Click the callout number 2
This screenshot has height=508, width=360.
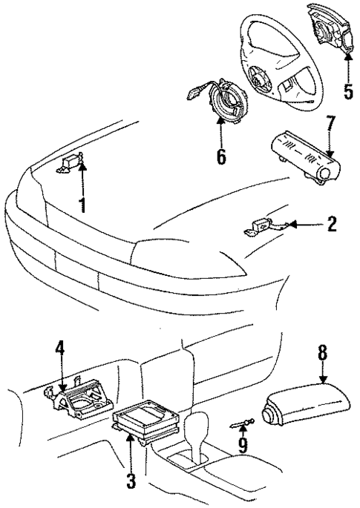pyautogui.click(x=332, y=224)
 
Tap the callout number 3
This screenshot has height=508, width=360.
pyautogui.click(x=131, y=481)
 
